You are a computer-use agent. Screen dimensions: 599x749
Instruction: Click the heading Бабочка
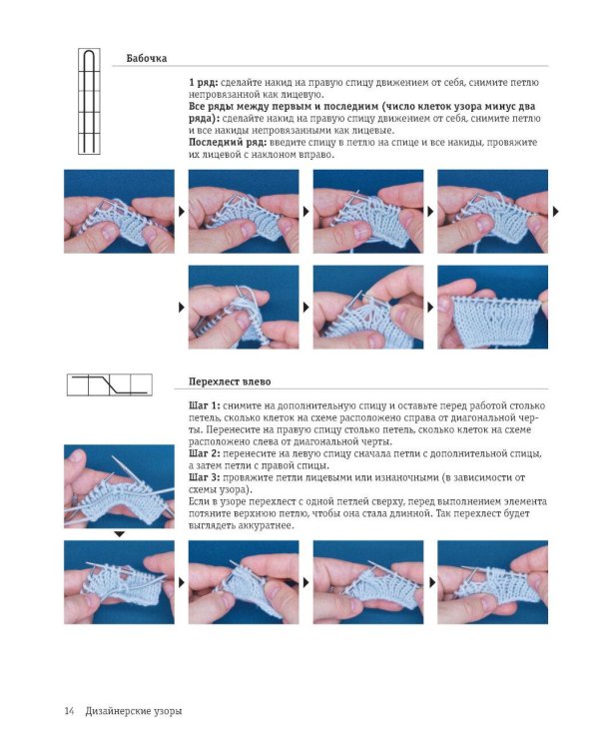pyautogui.click(x=147, y=58)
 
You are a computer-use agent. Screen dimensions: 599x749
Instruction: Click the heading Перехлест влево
pyautogui.click(x=230, y=381)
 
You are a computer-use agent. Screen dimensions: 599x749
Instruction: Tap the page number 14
pyautogui.click(x=69, y=711)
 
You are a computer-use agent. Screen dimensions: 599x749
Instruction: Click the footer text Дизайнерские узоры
pyautogui.click(x=134, y=711)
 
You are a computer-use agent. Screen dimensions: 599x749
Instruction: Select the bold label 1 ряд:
pyautogui.click(x=204, y=83)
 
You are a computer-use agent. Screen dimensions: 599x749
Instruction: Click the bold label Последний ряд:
pyautogui.click(x=228, y=143)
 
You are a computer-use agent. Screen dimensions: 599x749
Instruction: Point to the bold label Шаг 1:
pyautogui.click(x=205, y=405)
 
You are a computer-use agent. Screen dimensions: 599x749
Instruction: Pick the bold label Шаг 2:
pyautogui.click(x=205, y=453)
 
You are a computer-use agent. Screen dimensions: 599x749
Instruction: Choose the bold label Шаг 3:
pyautogui.click(x=205, y=477)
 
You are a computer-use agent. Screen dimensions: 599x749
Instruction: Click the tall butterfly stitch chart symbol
pyautogui.click(x=89, y=101)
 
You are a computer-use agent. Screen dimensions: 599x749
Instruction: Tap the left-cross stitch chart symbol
pyautogui.click(x=110, y=385)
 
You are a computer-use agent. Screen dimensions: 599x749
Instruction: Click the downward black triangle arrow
pyautogui.click(x=120, y=534)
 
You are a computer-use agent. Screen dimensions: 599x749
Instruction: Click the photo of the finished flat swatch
pyautogui.click(x=492, y=308)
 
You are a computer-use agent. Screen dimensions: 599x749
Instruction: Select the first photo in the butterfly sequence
pyautogui.click(x=120, y=211)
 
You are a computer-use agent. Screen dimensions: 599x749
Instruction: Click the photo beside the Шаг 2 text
pyautogui.click(x=120, y=486)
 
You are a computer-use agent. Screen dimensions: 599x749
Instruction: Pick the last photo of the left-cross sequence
pyautogui.click(x=492, y=582)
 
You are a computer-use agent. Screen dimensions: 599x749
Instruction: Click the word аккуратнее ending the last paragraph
pyautogui.click(x=266, y=526)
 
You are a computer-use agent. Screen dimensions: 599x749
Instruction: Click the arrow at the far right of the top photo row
pyautogui.click(x=555, y=211)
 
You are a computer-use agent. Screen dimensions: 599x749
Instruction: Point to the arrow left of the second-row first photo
pyautogui.click(x=182, y=308)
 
